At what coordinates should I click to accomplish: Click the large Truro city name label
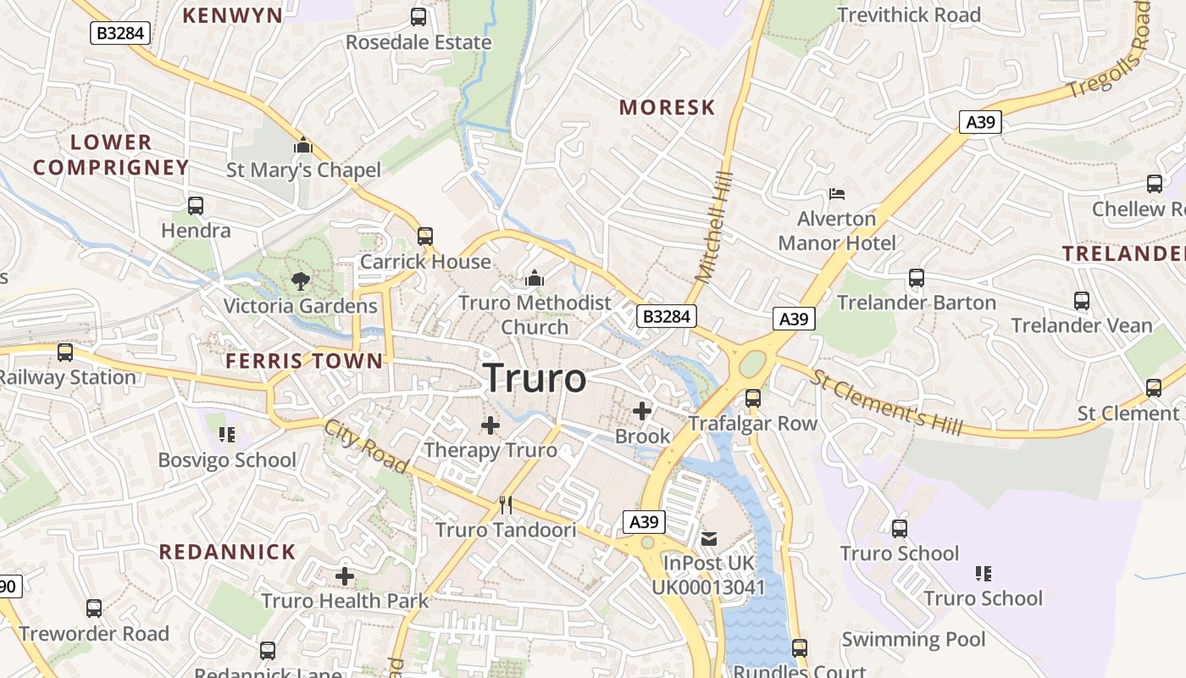(x=535, y=378)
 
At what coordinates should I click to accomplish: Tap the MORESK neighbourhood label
(x=667, y=108)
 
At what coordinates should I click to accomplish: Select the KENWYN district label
(x=232, y=15)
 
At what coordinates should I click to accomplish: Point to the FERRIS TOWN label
(x=304, y=361)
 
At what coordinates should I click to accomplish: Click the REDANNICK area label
(x=227, y=553)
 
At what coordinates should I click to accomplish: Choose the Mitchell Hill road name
(x=713, y=225)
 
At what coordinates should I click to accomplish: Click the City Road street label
(x=366, y=446)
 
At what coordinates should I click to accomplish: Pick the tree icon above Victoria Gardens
(x=300, y=281)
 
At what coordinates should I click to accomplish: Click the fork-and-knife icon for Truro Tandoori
(x=506, y=505)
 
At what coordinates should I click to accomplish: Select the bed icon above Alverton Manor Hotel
(x=837, y=194)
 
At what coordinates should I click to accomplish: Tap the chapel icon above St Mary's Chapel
(x=302, y=146)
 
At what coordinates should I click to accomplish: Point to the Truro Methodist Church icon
(x=535, y=278)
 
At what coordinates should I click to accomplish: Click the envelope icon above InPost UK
(x=709, y=538)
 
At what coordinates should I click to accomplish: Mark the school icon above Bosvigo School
(x=226, y=435)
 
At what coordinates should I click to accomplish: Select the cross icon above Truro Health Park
(x=345, y=576)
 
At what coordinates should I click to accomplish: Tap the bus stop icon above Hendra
(x=196, y=205)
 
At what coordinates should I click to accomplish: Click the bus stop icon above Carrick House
(x=425, y=236)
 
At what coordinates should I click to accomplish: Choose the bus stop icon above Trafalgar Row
(x=753, y=398)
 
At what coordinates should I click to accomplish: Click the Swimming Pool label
(x=913, y=639)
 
